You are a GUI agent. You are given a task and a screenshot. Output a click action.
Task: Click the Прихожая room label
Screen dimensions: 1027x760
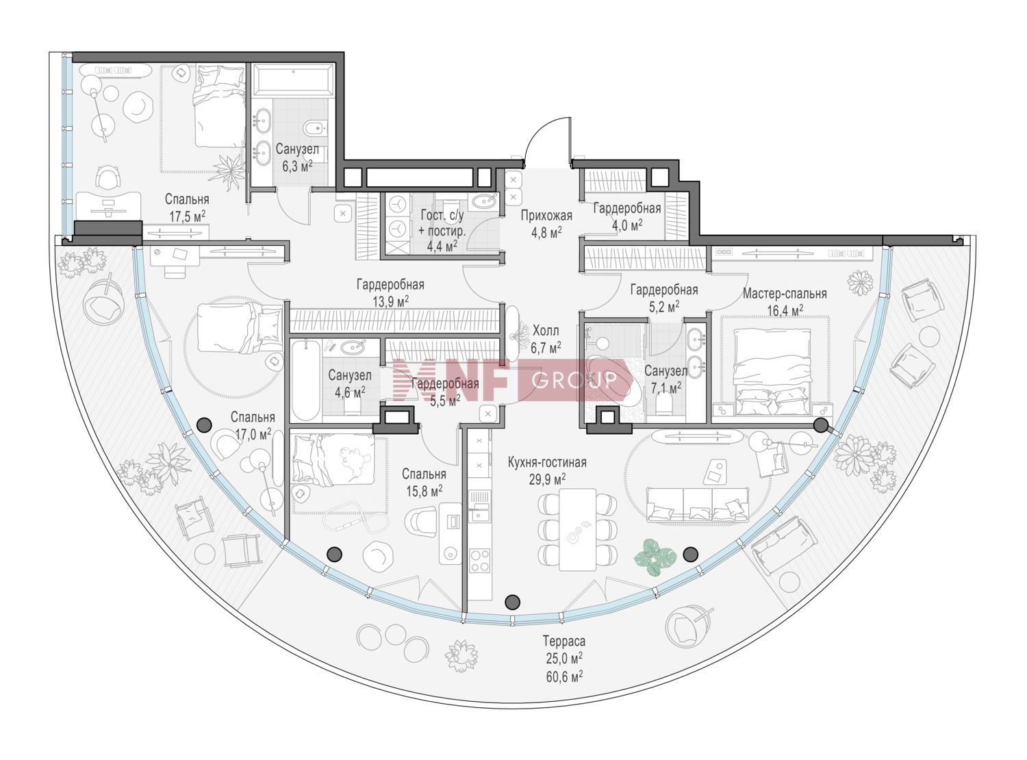coord(546,216)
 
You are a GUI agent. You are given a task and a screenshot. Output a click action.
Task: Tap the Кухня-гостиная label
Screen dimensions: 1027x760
coord(547,462)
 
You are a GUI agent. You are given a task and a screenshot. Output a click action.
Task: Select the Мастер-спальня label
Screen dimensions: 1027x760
coord(785,293)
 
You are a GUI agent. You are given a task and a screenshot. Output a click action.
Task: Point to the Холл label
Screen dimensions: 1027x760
coord(546,331)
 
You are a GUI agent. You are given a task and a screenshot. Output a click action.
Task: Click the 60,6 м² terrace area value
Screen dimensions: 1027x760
coord(564,676)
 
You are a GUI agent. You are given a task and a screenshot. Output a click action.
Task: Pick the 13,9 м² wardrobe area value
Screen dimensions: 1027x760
coord(390,301)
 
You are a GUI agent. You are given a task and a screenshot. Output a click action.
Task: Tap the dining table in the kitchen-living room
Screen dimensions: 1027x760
coord(577,529)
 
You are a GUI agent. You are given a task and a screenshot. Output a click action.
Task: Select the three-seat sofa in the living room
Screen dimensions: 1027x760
coord(697,504)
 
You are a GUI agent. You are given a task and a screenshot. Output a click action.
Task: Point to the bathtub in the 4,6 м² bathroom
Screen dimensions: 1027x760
coord(305,381)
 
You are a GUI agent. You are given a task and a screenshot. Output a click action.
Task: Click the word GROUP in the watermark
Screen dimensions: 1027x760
coord(574,380)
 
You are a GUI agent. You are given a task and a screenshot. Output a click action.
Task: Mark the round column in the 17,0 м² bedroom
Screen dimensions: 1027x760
coord(204,424)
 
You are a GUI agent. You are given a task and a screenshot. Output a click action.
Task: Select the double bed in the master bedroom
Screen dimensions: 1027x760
coord(772,371)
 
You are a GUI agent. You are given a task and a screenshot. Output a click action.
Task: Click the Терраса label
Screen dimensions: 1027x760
coord(564,641)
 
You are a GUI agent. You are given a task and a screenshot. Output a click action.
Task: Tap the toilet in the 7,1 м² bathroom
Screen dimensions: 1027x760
coord(665,407)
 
